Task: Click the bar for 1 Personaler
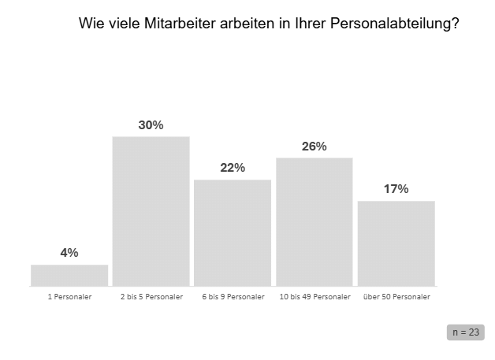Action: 69,276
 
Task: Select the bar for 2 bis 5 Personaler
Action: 151,211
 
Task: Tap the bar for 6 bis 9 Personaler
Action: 233,233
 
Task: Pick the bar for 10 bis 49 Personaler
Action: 314,222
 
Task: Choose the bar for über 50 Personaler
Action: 396,243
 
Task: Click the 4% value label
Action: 69,253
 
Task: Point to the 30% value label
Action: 151,125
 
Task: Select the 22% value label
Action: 233,168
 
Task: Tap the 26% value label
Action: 314,147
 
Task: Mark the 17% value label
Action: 396,189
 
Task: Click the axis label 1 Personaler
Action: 70,297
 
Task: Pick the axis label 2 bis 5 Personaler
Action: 151,297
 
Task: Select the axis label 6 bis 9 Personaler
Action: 233,297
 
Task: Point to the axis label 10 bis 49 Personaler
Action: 315,297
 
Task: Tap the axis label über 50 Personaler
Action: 396,297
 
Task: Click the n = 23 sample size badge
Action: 466,332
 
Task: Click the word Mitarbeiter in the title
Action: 180,24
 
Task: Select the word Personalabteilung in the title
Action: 395,24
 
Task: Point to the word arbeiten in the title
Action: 247,24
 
